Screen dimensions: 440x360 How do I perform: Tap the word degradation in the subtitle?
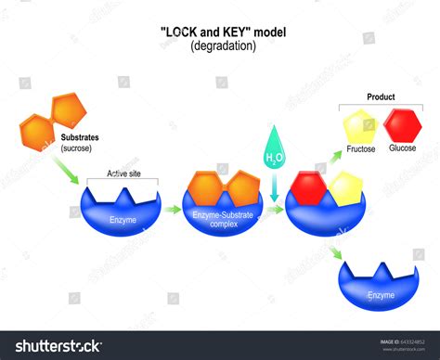220,45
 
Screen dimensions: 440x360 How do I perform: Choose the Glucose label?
403,148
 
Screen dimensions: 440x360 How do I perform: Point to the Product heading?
381,96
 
